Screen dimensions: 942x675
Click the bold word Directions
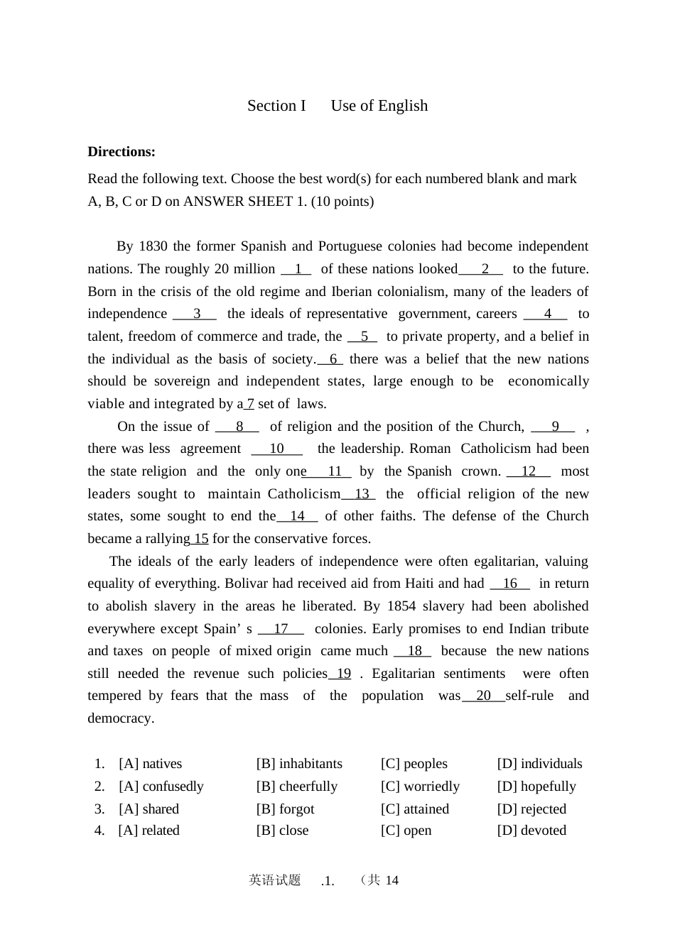click(121, 152)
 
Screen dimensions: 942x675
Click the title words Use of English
click(379, 106)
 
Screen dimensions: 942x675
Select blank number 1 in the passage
click(298, 269)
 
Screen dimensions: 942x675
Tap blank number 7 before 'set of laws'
click(249, 404)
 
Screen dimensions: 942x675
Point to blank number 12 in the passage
click(528, 471)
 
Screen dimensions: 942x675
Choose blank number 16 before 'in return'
click(509, 584)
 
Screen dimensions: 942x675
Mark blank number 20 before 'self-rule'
click(483, 696)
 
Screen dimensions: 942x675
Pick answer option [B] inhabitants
click(299, 764)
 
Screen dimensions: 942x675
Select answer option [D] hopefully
click(536, 787)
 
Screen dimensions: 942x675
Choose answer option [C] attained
click(415, 809)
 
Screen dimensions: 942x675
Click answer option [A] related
click(149, 831)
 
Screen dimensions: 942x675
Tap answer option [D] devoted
click(531, 831)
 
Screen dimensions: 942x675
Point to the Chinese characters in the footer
click(275, 880)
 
